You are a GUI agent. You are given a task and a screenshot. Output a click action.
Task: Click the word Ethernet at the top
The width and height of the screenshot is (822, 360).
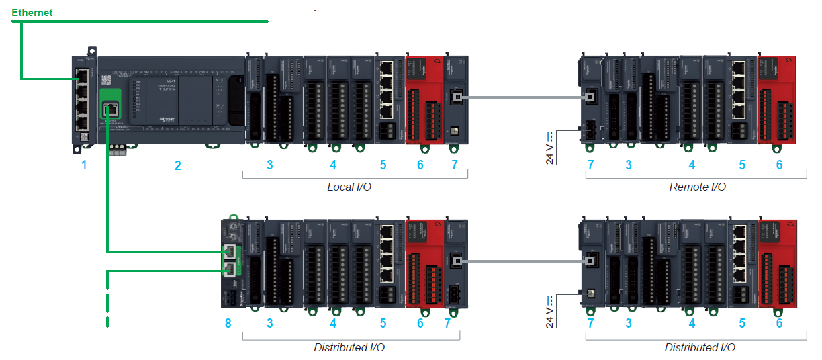coord(32,12)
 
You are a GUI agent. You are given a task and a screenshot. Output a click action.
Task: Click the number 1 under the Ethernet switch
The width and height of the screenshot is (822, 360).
coord(84,165)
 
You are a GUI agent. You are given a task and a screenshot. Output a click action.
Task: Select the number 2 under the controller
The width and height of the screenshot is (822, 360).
coord(178,165)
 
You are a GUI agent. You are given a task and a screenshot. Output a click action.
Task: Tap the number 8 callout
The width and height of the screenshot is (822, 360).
coord(228,324)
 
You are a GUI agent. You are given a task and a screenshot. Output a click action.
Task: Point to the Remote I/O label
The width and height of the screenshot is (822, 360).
coord(697,187)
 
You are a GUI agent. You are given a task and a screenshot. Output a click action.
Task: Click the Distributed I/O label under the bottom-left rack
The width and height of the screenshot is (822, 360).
coord(349,348)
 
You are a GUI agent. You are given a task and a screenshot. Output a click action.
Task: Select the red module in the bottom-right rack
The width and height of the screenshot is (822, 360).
coord(778,262)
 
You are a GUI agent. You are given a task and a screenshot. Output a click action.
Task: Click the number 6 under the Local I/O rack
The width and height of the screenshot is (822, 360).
coord(420,165)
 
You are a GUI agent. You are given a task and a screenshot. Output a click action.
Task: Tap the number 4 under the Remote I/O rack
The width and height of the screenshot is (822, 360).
coord(692,165)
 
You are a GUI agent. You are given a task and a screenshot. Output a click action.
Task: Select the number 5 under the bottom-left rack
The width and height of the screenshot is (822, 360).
coord(383,324)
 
